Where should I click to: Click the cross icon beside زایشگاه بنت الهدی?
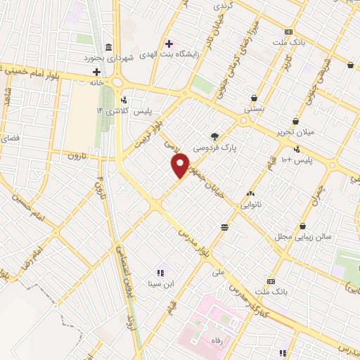click(x=168, y=43)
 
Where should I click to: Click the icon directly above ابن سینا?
click(x=160, y=272)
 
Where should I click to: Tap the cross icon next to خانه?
click(x=97, y=72)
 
